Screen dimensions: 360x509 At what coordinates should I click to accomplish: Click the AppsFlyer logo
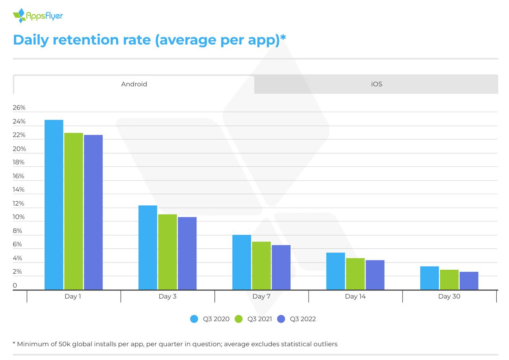click(x=38, y=16)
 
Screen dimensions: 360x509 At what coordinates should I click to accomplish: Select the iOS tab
click(x=376, y=84)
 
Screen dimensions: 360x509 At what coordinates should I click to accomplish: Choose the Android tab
click(x=134, y=84)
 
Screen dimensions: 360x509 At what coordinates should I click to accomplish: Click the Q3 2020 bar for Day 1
click(x=54, y=205)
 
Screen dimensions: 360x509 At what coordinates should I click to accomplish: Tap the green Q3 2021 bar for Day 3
click(x=167, y=252)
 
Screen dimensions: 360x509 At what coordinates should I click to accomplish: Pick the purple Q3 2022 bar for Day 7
click(x=281, y=267)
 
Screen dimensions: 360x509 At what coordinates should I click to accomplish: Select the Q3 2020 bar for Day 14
click(x=336, y=271)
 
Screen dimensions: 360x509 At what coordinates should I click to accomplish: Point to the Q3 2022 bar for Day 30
click(x=469, y=281)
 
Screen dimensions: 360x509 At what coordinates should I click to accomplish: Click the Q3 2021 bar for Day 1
click(x=74, y=211)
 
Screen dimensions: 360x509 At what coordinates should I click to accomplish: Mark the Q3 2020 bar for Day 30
click(x=429, y=278)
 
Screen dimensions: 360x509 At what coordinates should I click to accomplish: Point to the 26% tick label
click(x=19, y=108)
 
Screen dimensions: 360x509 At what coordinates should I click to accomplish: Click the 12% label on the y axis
click(x=19, y=204)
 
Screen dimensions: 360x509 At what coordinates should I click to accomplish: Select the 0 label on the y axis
click(x=15, y=286)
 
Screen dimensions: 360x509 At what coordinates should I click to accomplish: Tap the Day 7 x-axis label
click(x=261, y=296)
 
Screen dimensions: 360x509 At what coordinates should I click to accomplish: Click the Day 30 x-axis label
click(x=449, y=296)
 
